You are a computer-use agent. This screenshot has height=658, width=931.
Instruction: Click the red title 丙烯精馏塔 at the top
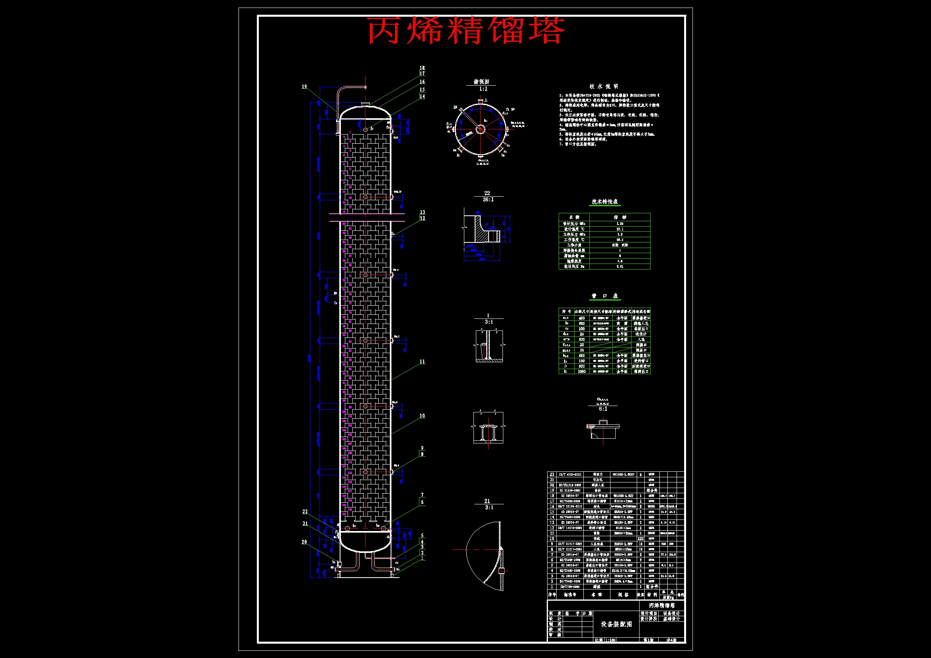pyautogui.click(x=465, y=30)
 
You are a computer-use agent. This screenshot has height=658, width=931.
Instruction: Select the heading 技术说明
pyautogui.click(x=604, y=86)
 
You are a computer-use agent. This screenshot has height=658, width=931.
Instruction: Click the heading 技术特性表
pyautogui.click(x=604, y=201)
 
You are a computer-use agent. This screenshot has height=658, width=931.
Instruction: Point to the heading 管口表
pyautogui.click(x=604, y=296)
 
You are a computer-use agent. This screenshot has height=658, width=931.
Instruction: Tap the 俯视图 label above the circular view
pyautogui.click(x=481, y=82)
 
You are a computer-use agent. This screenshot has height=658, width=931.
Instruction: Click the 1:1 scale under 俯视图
pyautogui.click(x=483, y=89)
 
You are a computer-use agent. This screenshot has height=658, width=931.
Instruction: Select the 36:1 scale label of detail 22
pyautogui.click(x=488, y=199)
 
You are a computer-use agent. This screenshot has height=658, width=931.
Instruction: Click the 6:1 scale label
pyautogui.click(x=603, y=409)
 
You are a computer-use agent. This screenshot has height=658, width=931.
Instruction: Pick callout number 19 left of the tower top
pyautogui.click(x=304, y=87)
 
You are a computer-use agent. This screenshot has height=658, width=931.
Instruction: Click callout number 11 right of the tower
pyautogui.click(x=422, y=361)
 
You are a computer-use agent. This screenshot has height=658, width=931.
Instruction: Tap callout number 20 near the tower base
pyautogui.click(x=304, y=542)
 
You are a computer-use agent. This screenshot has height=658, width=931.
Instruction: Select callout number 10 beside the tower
pyautogui.click(x=422, y=416)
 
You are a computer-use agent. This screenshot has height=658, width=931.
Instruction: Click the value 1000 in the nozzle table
pyautogui.click(x=582, y=371)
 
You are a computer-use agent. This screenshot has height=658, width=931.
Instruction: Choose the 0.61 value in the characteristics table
pyautogui.click(x=620, y=266)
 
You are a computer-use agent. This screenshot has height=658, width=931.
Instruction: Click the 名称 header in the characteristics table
pyautogui.click(x=574, y=217)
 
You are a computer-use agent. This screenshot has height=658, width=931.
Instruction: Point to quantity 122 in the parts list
pyautogui.click(x=641, y=539)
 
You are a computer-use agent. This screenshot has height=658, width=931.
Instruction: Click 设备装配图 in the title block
pyautogui.click(x=616, y=624)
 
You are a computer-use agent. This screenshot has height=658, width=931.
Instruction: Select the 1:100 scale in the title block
pyautogui.click(x=610, y=640)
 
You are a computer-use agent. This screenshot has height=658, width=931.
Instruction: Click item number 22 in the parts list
pyautogui.click(x=552, y=474)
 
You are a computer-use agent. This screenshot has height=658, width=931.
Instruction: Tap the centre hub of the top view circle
pyautogui.click(x=480, y=129)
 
